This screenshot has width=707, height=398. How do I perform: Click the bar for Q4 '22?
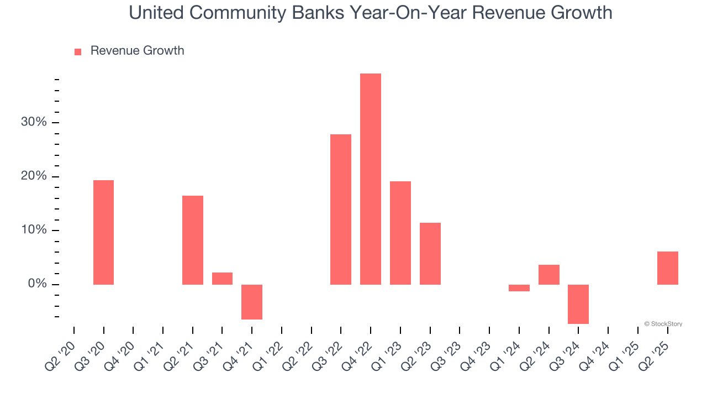[x=370, y=179]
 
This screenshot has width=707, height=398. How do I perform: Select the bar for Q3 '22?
[x=340, y=210]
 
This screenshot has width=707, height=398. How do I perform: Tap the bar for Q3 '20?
[x=103, y=232]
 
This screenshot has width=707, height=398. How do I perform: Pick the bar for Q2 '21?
[x=192, y=240]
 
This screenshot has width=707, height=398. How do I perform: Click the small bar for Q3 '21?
[x=222, y=279]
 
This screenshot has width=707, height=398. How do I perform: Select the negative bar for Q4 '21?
[x=252, y=302]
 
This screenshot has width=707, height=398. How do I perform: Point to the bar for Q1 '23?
[x=400, y=233]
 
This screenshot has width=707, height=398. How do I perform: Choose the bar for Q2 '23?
[x=430, y=254]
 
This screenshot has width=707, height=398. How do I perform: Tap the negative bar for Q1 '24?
[x=519, y=288]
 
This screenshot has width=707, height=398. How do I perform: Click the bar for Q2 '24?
[x=549, y=275]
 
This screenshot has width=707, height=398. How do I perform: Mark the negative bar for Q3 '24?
[x=578, y=304]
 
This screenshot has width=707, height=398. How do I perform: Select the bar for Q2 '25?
[x=667, y=268]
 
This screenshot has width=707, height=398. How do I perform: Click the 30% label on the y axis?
[x=34, y=122]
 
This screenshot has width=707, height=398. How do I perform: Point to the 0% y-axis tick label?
[x=37, y=284]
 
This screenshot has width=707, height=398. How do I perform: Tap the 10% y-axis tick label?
[x=34, y=230]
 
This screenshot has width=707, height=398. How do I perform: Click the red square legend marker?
[x=78, y=51]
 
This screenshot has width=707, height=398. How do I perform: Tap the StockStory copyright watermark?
[x=663, y=324]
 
